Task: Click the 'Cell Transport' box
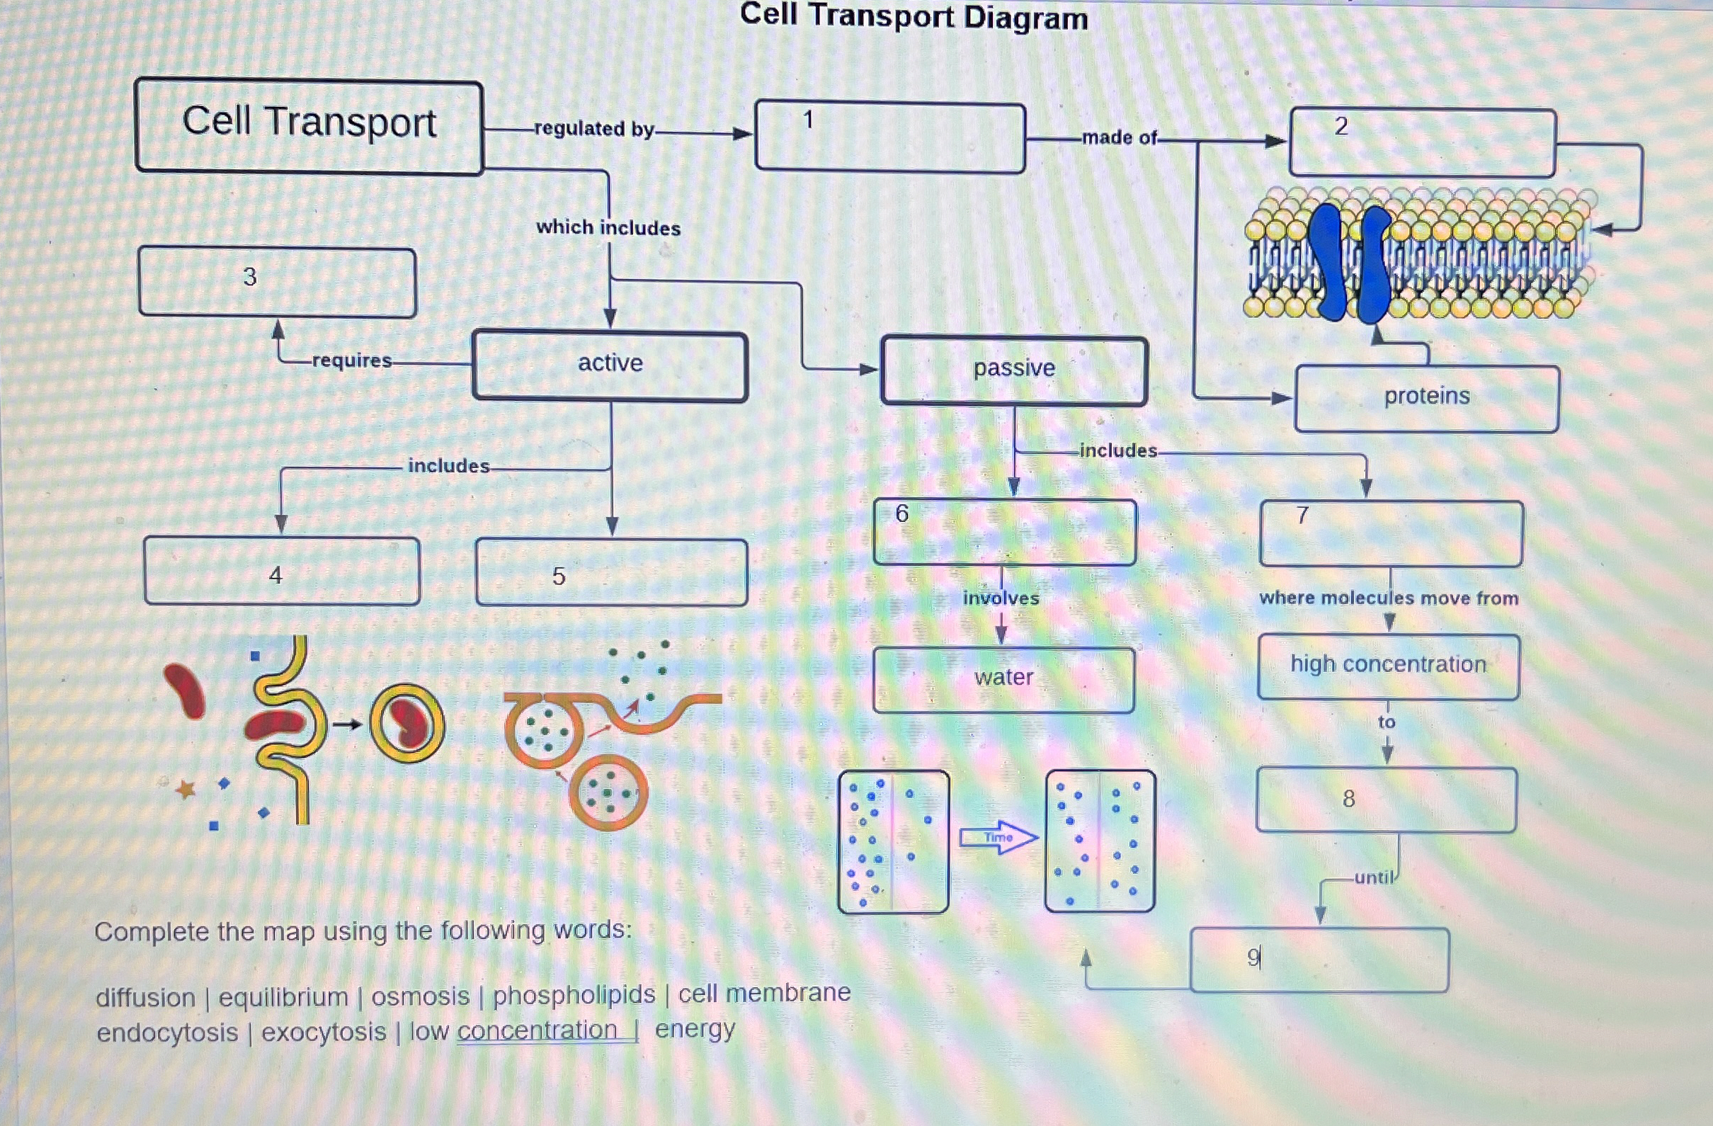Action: pos(309,126)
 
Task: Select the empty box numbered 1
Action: pos(889,137)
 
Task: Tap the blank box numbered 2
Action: pos(1422,142)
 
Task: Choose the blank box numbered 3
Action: pos(277,282)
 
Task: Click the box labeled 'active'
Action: pos(610,365)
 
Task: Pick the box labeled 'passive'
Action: pos(1013,370)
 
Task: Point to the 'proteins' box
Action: pos(1426,398)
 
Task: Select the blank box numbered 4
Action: pos(281,571)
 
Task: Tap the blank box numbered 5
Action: pos(611,573)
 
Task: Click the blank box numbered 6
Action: pos(1005,532)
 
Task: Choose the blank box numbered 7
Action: pos(1391,533)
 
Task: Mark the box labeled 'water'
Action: pos(1003,679)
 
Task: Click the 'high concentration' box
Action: pos(1388,666)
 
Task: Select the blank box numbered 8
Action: pos(1387,799)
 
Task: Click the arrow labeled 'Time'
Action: pos(999,837)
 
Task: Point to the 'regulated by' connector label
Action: pos(594,130)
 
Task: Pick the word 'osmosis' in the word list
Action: pos(421,997)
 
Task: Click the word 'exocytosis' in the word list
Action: pos(323,1033)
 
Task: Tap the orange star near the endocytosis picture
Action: pos(186,789)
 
